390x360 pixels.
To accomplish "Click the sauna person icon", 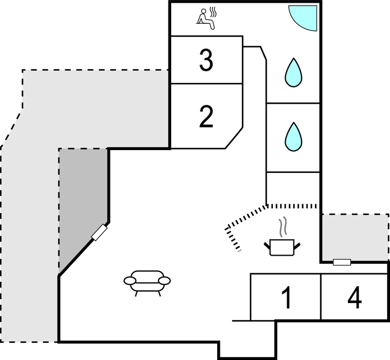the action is [207, 19].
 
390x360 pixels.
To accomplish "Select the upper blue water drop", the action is [293, 72].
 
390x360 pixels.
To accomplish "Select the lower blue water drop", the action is [293, 137].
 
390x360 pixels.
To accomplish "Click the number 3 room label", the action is [206, 60].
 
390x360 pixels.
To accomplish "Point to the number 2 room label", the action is [206, 117].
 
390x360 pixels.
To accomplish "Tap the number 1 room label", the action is [287, 298].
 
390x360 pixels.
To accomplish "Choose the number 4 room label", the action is [355, 298].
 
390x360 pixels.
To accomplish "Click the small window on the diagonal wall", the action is [99, 232].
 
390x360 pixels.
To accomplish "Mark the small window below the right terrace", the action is [342, 262].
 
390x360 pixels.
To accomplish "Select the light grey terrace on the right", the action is [355, 237].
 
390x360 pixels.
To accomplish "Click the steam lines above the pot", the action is [282, 226].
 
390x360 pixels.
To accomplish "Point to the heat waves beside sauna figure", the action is [213, 12].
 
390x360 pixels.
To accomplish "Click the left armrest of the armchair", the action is [130, 280].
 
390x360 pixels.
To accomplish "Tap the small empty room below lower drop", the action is [293, 188].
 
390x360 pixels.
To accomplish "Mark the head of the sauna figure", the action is [203, 11].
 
